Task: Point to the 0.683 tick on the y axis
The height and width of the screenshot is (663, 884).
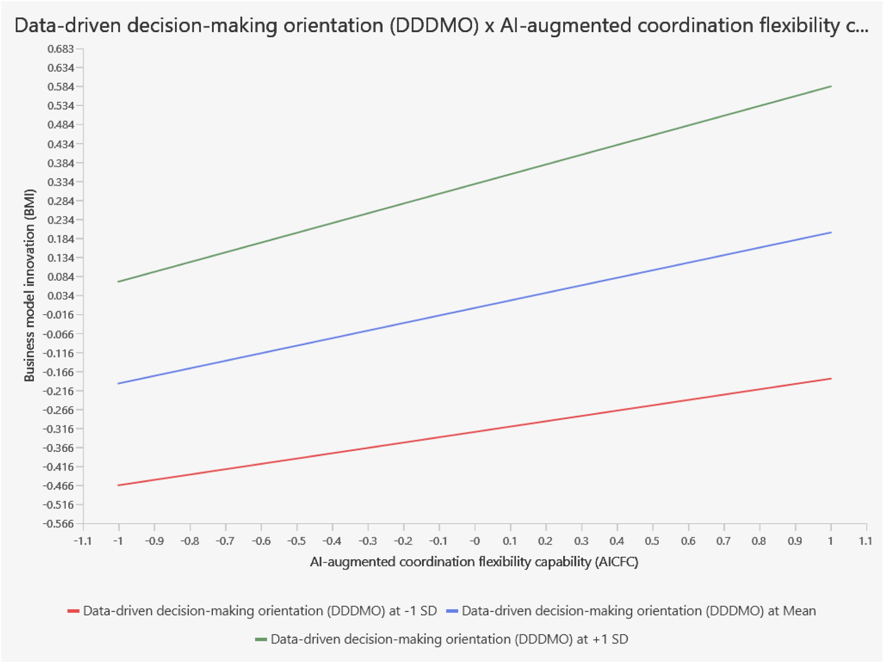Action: coord(61,49)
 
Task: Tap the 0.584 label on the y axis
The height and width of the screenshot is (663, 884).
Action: coord(61,87)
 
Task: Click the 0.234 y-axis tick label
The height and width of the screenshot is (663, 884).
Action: coord(61,220)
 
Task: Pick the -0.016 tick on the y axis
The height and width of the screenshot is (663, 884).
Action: coord(59,315)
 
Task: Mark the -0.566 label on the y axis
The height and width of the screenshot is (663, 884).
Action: coord(59,524)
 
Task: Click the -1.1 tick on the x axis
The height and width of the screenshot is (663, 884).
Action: coord(83,541)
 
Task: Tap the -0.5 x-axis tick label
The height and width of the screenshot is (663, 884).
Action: coord(297,541)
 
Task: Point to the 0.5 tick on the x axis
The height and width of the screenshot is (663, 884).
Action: coord(652,541)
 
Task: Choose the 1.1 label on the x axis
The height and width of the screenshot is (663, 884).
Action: coord(866,541)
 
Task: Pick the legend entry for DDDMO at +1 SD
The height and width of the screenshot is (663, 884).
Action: coord(442,639)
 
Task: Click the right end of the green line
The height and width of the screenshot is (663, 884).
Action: coord(831,86)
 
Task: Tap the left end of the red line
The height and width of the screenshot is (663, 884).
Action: coord(118,485)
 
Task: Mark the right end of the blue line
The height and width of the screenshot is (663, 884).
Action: coord(831,232)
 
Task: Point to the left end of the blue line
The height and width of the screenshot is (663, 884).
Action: coord(118,383)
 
